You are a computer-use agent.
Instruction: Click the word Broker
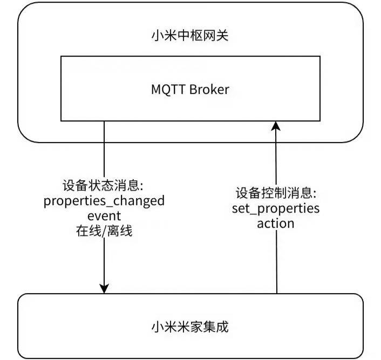[x=209, y=90]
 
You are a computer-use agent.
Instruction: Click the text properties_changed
[x=104, y=202]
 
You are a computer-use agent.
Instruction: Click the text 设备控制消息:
[x=276, y=193]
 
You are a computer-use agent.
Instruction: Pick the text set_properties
[x=276, y=208]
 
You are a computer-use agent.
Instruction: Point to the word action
[x=276, y=223]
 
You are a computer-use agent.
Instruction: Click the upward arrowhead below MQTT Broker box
[x=276, y=126]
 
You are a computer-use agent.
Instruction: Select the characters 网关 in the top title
[x=220, y=36]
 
